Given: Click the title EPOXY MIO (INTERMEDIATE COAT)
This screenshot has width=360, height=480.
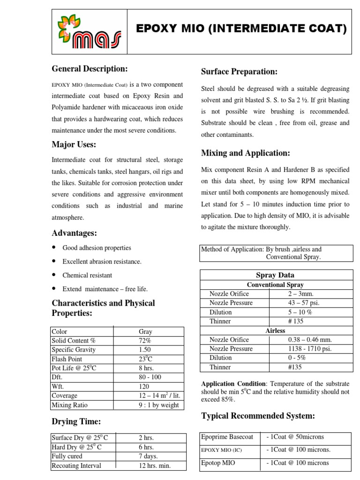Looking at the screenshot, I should (241, 30).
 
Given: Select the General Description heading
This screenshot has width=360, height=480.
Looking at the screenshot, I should (90, 69).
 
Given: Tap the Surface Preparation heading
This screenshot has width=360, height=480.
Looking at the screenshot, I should (239, 71).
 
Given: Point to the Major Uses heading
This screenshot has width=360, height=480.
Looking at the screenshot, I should (74, 144).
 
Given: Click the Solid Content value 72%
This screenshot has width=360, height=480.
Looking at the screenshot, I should (145, 340).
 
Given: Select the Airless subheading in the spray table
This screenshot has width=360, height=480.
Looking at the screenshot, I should (275, 330).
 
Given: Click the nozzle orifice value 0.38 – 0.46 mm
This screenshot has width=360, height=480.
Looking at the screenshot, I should (309, 339).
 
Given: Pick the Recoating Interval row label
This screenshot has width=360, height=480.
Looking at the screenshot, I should (76, 465).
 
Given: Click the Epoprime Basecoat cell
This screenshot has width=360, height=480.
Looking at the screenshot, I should (227, 437).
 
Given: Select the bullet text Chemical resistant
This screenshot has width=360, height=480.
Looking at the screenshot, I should (87, 275).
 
